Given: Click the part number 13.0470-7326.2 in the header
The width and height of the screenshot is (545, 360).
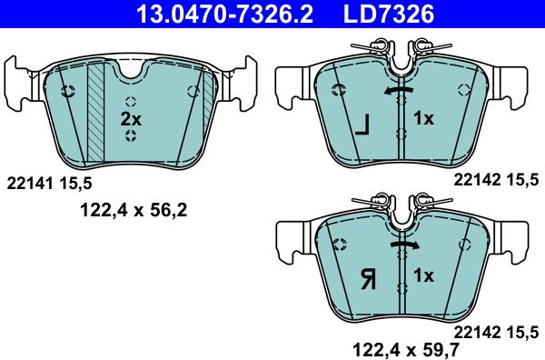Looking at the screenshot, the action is pos(225,14).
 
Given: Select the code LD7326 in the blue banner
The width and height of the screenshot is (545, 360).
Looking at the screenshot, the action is pos(389,14).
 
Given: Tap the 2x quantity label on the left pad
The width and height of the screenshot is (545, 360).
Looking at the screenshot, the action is pos(131,119).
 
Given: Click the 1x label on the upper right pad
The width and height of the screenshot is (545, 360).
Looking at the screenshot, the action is pos(423,118).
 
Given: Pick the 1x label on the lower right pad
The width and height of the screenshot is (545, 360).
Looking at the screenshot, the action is pos(423,275).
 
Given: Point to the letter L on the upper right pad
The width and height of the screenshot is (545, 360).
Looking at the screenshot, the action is pos(362,125).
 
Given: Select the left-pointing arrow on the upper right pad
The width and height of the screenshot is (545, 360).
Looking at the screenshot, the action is pos(399,90).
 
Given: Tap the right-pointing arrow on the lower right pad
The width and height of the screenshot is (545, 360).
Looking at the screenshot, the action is pos(404,245).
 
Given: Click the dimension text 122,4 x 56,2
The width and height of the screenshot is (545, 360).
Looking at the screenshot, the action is pos(134,210).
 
